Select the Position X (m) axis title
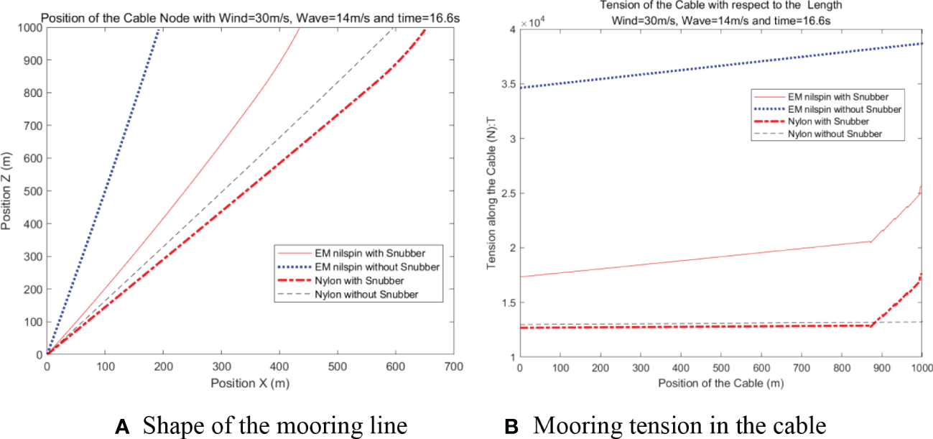[250, 383]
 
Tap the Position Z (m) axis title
[8, 190]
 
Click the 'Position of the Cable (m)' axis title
[720, 384]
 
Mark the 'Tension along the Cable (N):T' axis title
[491, 193]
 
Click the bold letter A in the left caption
[123, 427]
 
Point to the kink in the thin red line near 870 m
[871, 241]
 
